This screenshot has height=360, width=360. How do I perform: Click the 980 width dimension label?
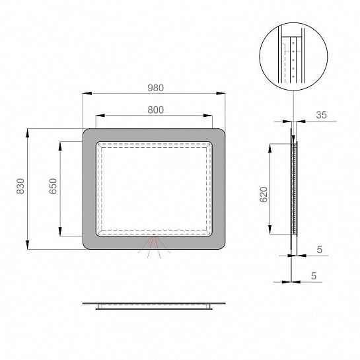click(155, 88)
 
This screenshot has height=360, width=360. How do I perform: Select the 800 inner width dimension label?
click(155, 110)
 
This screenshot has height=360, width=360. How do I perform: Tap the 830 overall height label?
click(20, 186)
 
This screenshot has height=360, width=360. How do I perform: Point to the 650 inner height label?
click(53, 186)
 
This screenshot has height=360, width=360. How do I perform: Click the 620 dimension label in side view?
click(264, 194)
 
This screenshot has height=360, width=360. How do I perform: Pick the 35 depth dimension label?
click(321, 115)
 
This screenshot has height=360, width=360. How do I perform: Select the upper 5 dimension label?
click(319, 250)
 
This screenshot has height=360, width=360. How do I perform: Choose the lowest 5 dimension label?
click(314, 275)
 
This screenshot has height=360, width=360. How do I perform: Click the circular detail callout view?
click(293, 57)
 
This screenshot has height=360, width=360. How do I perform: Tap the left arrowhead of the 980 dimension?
click(87, 93)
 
